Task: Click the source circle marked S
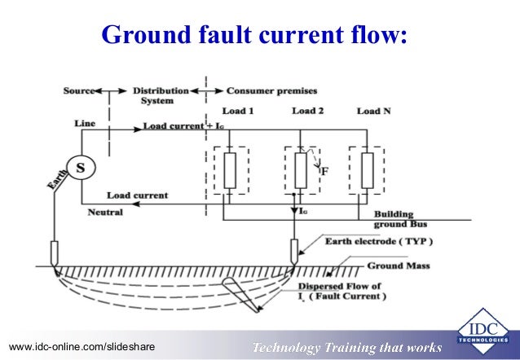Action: pyautogui.click(x=80, y=168)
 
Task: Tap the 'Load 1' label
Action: pyautogui.click(x=238, y=111)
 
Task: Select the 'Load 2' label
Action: pyautogui.click(x=308, y=111)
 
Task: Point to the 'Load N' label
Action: pyautogui.click(x=373, y=111)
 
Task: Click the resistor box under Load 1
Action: pyautogui.click(x=230, y=169)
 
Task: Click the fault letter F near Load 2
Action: pyautogui.click(x=324, y=172)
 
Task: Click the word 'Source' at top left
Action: pyautogui.click(x=79, y=90)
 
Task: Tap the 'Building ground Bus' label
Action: pyautogui.click(x=400, y=219)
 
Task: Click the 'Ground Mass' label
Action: pyautogui.click(x=398, y=266)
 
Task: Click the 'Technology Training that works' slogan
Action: pyautogui.click(x=346, y=348)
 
